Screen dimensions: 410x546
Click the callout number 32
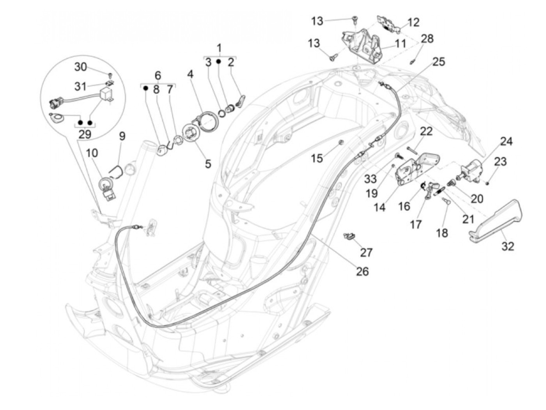(508, 246)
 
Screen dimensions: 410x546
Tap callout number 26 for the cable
(362, 271)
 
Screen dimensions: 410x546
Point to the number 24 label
(506, 141)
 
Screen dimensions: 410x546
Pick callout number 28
(427, 39)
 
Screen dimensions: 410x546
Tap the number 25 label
(438, 62)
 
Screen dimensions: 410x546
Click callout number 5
(208, 163)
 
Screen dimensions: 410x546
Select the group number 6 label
(158, 75)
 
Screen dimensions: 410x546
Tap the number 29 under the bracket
(85, 134)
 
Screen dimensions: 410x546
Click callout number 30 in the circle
(81, 67)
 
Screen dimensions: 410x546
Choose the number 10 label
(92, 153)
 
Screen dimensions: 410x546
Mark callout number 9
(122, 136)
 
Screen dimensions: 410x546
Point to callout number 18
(442, 233)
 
